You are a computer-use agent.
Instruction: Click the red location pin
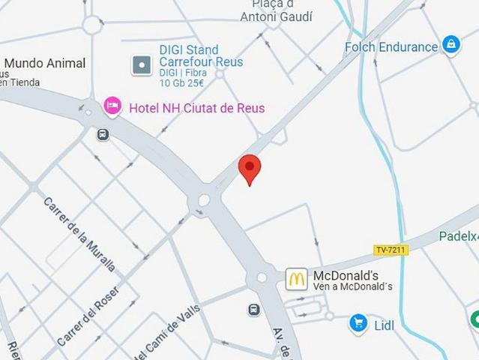click(x=249, y=168)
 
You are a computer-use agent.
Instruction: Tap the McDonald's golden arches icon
click(x=296, y=279)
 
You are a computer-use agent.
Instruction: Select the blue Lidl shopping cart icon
click(x=358, y=324)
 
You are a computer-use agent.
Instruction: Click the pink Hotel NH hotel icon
click(x=112, y=106)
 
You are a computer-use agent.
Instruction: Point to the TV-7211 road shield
click(x=391, y=250)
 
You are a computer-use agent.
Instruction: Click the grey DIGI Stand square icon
click(x=141, y=65)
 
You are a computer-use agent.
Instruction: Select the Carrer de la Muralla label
click(x=79, y=234)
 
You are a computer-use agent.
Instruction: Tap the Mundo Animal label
click(x=45, y=64)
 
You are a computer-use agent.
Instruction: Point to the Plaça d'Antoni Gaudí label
click(x=277, y=10)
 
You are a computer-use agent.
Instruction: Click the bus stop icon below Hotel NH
click(x=103, y=135)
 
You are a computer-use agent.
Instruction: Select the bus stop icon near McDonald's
click(x=254, y=309)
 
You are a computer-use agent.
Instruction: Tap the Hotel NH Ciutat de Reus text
click(x=196, y=108)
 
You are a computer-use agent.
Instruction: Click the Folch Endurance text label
click(x=391, y=47)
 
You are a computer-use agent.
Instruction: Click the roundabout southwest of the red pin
click(x=204, y=200)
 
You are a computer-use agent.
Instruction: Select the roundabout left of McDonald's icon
click(x=261, y=277)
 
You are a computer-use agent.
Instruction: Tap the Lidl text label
click(x=383, y=325)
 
